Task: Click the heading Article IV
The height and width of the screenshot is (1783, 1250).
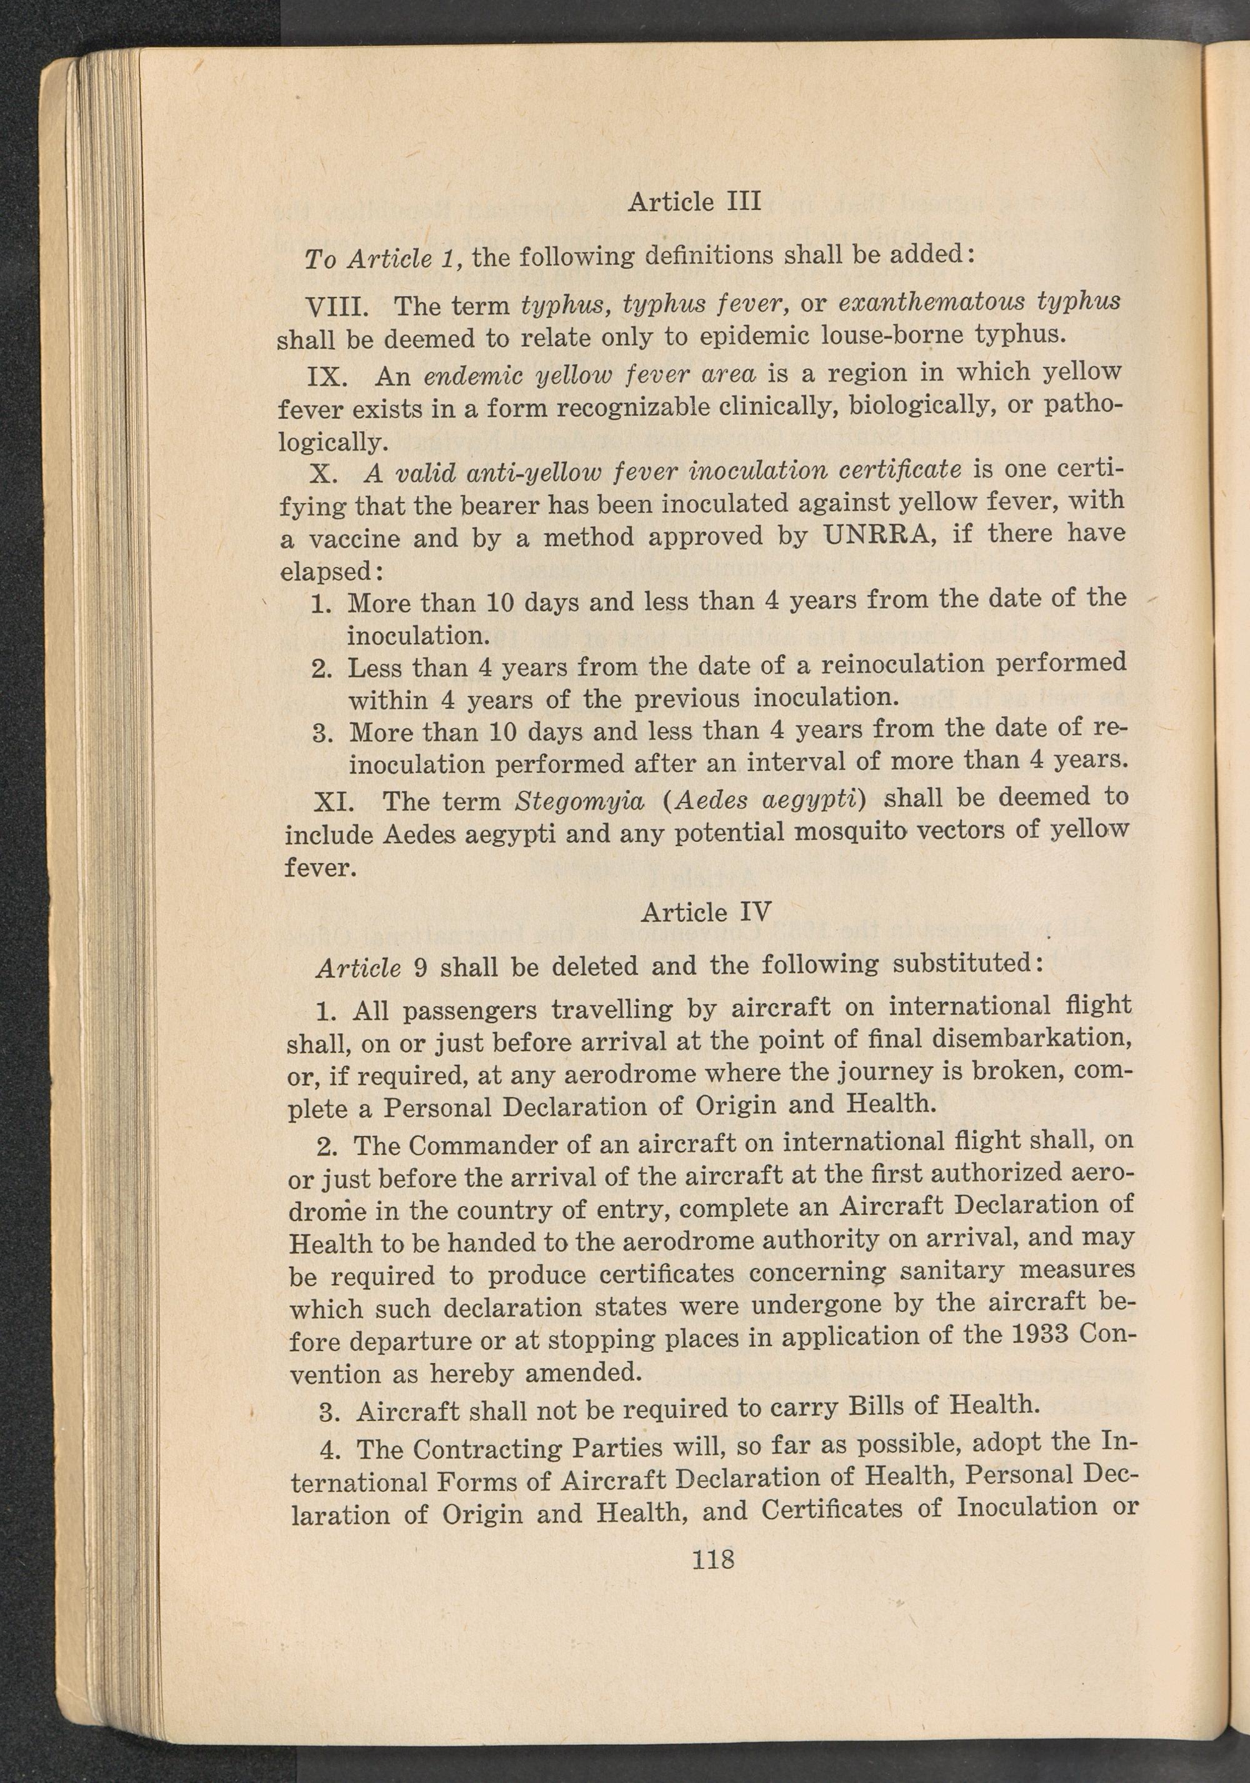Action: [706, 911]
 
